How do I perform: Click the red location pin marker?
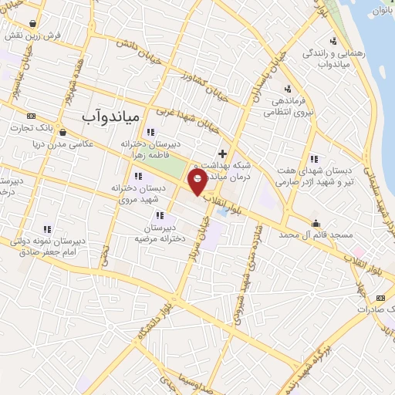[197, 183]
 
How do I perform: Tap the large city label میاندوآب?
[113, 116]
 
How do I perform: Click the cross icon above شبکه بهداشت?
[223, 153]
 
